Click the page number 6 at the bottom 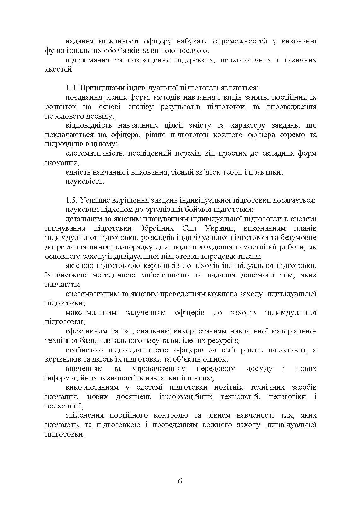(x=180, y=481)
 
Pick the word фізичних (x=300, y=60)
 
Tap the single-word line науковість (x=85, y=182)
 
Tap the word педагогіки (x=287, y=396)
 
